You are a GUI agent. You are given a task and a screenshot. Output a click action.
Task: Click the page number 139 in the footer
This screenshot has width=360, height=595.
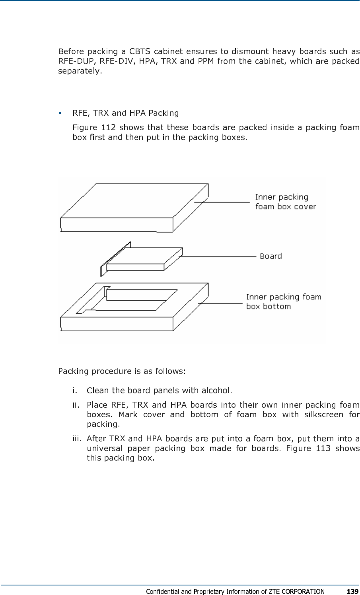pos(352,591)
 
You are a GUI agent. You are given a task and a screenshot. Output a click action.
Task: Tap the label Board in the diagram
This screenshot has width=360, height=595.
pos(270,256)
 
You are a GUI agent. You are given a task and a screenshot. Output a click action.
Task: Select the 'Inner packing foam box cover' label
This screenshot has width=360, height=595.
pos(285,202)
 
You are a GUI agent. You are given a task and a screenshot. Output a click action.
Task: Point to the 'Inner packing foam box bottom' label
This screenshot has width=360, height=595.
pos(283,301)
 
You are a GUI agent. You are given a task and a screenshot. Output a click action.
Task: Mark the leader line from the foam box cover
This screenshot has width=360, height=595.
pos(223,202)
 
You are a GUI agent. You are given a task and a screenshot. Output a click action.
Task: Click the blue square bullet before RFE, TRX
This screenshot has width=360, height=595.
pos(60,113)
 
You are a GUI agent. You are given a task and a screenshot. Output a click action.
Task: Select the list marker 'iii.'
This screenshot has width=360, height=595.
pos(77,439)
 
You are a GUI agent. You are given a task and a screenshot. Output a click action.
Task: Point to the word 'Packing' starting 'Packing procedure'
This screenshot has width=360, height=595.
pos(73,371)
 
